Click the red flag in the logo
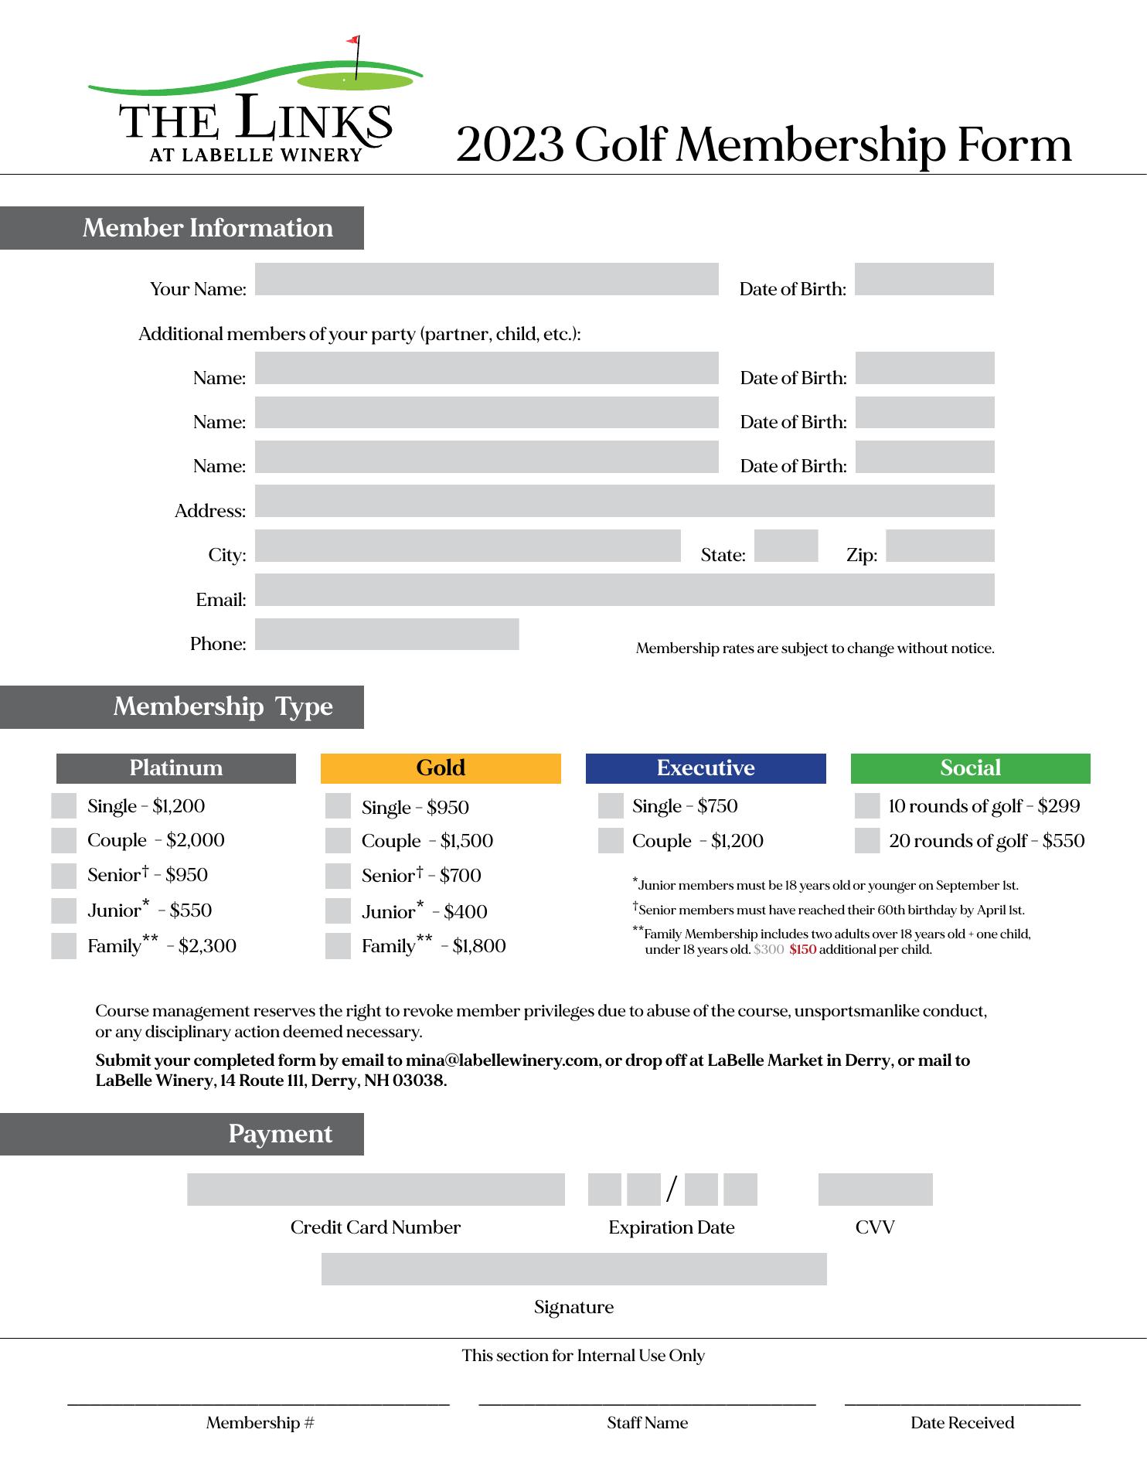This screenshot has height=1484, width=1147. tap(352, 39)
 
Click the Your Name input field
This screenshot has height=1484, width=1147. tap(486, 279)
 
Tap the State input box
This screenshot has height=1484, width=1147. tap(785, 546)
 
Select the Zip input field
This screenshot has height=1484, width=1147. tap(939, 546)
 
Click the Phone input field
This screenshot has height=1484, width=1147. tap(386, 634)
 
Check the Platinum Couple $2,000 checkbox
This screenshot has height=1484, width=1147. tap(64, 840)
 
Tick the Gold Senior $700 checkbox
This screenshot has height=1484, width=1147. tap(338, 876)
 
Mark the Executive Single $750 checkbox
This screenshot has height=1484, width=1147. tap(611, 806)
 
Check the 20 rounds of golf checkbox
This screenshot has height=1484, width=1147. tap(867, 841)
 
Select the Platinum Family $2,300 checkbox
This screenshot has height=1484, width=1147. tap(64, 946)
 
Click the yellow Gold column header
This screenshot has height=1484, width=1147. tap(441, 768)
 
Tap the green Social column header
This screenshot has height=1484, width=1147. tap(970, 768)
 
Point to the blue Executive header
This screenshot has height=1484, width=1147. tap(706, 768)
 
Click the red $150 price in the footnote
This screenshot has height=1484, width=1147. tap(802, 950)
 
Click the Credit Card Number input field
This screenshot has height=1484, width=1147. tap(376, 1190)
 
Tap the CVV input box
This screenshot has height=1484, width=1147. tap(875, 1190)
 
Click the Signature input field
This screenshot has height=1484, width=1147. tap(573, 1269)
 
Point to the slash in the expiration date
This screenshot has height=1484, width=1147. tap(671, 1190)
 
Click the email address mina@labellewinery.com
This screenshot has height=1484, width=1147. tap(502, 1060)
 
